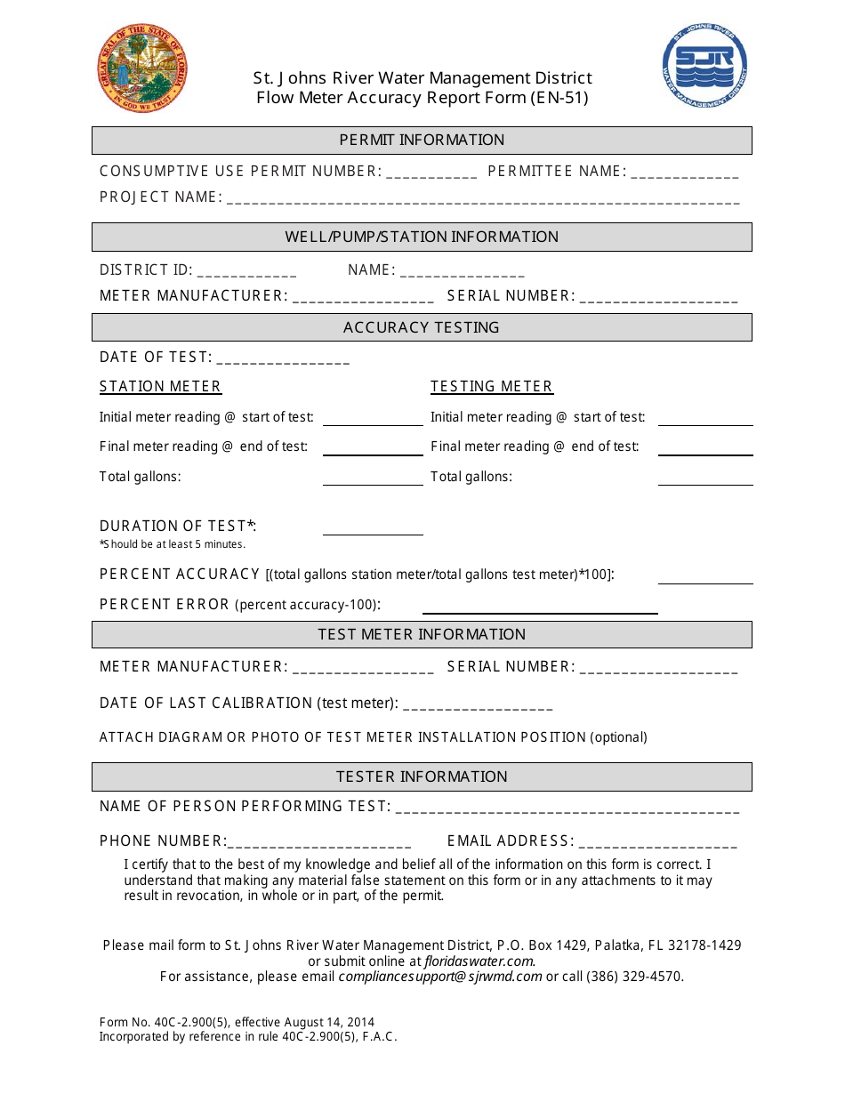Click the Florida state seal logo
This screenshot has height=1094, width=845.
[142, 68]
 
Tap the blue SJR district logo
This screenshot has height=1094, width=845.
[704, 66]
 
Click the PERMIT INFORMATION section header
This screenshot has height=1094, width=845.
[422, 140]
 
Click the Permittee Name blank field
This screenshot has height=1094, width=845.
[685, 173]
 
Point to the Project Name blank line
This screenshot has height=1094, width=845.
[483, 199]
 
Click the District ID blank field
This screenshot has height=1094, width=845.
[247, 272]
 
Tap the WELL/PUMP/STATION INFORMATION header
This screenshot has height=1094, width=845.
[422, 237]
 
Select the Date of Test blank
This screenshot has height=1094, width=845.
[283, 359]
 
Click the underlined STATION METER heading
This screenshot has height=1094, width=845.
[160, 386]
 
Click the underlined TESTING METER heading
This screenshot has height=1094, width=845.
[492, 386]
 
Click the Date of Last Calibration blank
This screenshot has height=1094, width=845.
[479, 705]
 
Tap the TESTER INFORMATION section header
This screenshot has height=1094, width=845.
[422, 776]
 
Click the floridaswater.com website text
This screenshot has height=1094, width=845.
[479, 961]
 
